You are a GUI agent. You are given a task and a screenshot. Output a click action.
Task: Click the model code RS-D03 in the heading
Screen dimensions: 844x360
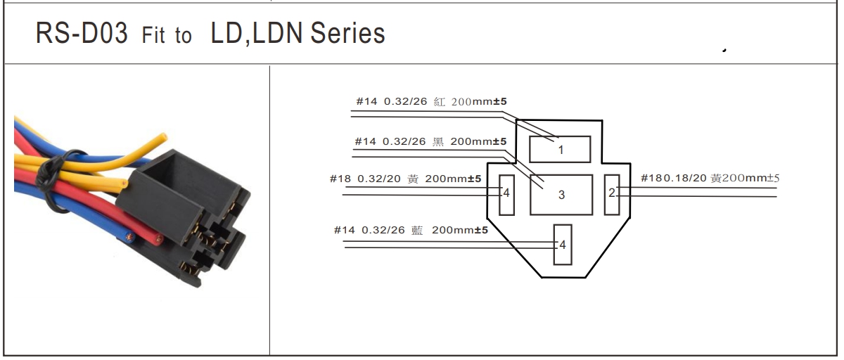(x=82, y=33)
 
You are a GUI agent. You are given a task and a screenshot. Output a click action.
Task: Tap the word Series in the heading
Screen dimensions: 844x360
(x=347, y=33)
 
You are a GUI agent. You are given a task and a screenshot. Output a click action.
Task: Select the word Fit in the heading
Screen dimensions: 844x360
(x=153, y=35)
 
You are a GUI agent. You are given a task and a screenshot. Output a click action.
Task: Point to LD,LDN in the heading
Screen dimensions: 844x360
(x=256, y=34)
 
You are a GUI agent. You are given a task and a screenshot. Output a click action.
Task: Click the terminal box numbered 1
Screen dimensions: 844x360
(x=560, y=150)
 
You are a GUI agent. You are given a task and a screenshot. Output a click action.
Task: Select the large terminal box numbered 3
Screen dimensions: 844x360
(x=561, y=195)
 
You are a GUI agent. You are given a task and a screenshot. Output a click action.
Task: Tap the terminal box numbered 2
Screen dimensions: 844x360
(x=612, y=195)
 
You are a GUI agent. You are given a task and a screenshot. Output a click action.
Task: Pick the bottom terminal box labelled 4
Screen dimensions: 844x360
(x=563, y=245)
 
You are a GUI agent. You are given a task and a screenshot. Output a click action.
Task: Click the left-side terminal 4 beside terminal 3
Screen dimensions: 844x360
(x=507, y=195)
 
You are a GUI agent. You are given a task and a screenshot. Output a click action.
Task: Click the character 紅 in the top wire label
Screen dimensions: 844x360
(x=440, y=102)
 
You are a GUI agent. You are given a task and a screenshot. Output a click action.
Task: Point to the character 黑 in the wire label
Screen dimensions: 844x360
(x=437, y=141)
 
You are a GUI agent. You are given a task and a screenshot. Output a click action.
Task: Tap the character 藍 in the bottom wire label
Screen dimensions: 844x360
(x=416, y=230)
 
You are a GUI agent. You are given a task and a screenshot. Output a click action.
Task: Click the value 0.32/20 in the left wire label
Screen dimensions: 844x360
(x=378, y=179)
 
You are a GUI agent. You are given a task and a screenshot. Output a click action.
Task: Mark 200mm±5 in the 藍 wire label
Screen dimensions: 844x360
(x=460, y=230)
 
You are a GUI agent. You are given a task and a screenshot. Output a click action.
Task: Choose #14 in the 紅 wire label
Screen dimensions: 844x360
(x=366, y=102)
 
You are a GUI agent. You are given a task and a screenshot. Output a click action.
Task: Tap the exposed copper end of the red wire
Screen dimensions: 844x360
(x=159, y=239)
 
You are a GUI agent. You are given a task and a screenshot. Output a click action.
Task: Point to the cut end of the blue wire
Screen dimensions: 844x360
(x=129, y=238)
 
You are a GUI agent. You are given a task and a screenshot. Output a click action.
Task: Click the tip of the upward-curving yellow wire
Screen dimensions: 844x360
(x=165, y=137)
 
